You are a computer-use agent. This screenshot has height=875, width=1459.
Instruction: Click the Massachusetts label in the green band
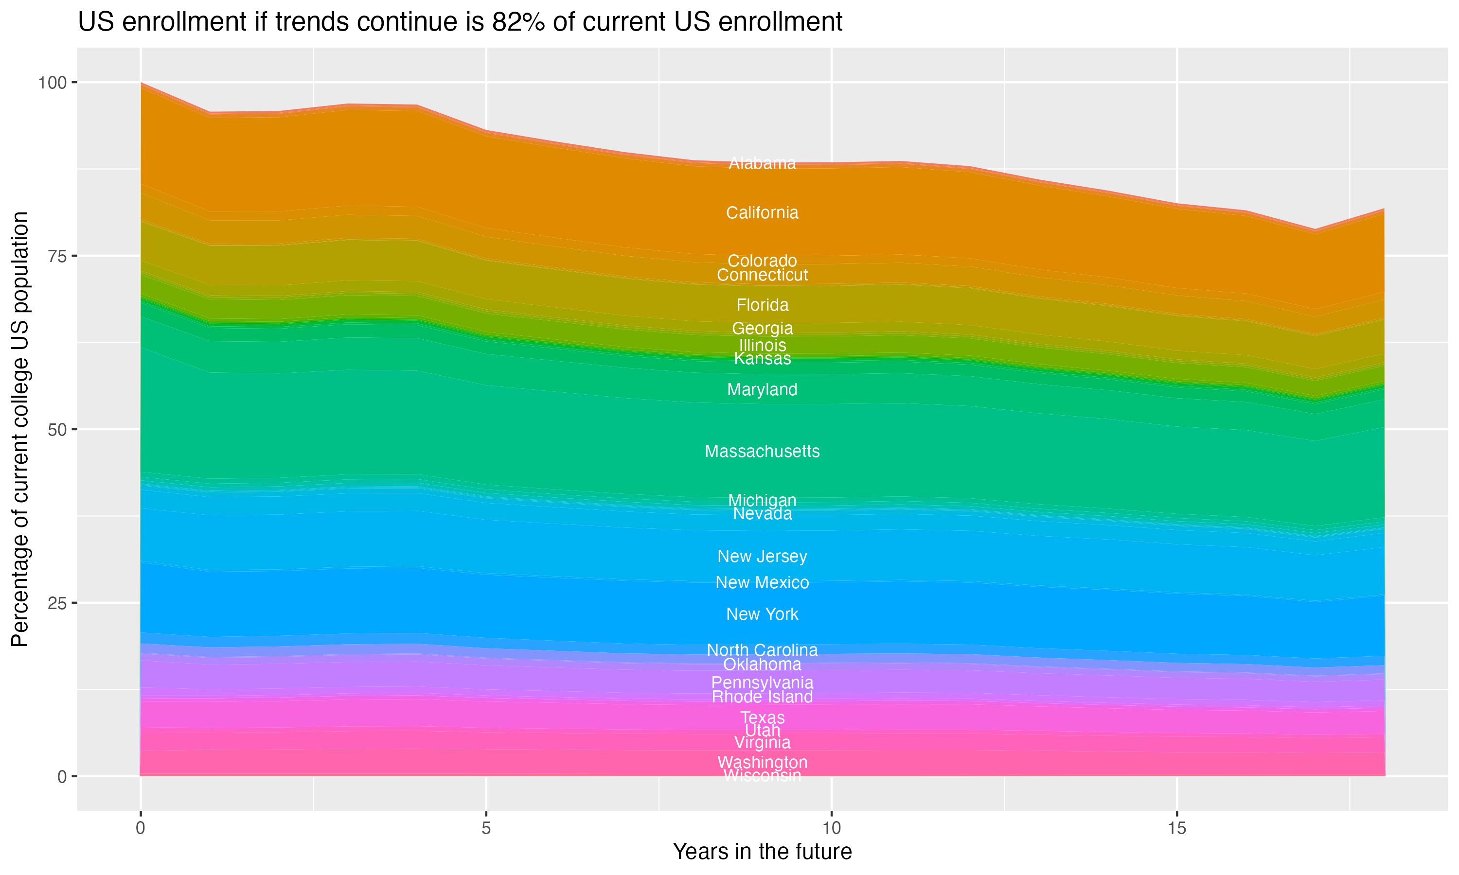tap(762, 452)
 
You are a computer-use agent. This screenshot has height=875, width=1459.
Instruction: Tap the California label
tap(762, 213)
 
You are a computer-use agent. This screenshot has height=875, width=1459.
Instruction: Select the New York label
tap(762, 614)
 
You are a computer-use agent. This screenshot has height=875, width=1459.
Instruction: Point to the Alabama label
tap(762, 163)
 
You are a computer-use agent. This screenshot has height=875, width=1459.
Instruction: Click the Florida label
tap(762, 305)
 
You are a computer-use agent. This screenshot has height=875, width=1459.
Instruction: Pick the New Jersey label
tap(762, 557)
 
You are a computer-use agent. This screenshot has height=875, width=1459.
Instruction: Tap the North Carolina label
tap(762, 650)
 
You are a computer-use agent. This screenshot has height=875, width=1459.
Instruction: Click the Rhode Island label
tap(762, 698)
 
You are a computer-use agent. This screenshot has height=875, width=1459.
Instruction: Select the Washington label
tap(762, 762)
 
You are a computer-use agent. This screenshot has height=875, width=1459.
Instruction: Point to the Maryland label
tap(762, 390)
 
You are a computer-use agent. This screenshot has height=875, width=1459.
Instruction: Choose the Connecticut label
tap(762, 275)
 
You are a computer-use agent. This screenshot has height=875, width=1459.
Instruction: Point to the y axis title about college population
tap(20, 429)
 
